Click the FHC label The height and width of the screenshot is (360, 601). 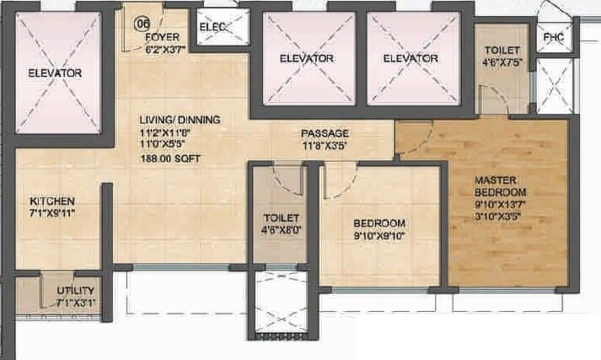click(x=553, y=38)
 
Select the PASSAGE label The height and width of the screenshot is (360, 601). click(x=325, y=133)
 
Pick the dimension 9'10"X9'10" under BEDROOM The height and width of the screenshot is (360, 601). click(x=379, y=235)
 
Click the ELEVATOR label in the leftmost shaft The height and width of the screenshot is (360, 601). click(x=55, y=73)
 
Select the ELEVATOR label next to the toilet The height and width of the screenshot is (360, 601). click(x=410, y=58)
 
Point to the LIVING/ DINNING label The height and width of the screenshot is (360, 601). click(x=180, y=120)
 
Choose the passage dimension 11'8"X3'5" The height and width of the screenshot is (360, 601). click(x=325, y=145)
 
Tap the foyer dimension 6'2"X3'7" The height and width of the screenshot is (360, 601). click(x=164, y=49)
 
